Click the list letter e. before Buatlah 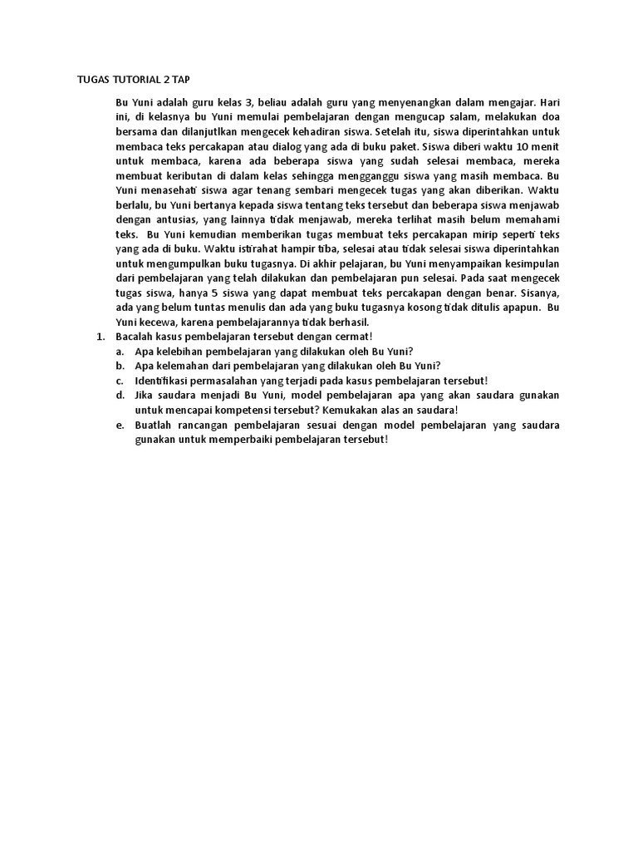120,425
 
